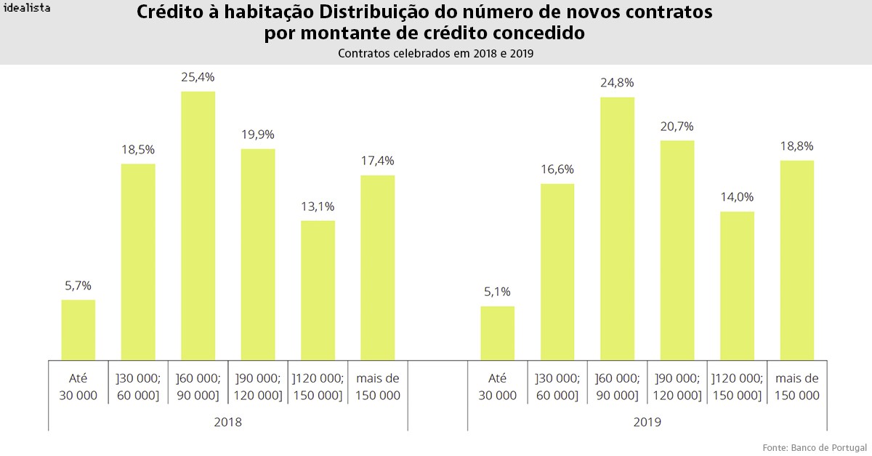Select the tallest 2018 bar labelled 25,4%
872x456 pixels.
coord(198,225)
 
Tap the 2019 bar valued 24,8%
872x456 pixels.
coord(617,228)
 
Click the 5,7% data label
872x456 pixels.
coord(78,286)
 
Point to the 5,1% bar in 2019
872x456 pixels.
coord(498,333)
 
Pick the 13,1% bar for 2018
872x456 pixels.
coord(318,290)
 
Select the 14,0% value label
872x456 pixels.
coord(737,197)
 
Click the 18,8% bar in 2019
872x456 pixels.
coord(796,260)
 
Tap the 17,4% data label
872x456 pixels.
coord(377,161)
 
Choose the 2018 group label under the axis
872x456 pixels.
coord(227,422)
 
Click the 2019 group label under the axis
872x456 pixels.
coord(647,422)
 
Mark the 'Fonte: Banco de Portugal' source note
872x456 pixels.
coord(814,446)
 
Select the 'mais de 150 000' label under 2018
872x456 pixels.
coord(378,387)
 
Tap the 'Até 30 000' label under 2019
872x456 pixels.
coord(498,387)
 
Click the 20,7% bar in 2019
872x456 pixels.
coord(677,250)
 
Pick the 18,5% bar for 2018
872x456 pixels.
coord(138,262)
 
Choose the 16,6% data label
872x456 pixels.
coord(557,169)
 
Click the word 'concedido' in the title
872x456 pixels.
coord(538,33)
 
